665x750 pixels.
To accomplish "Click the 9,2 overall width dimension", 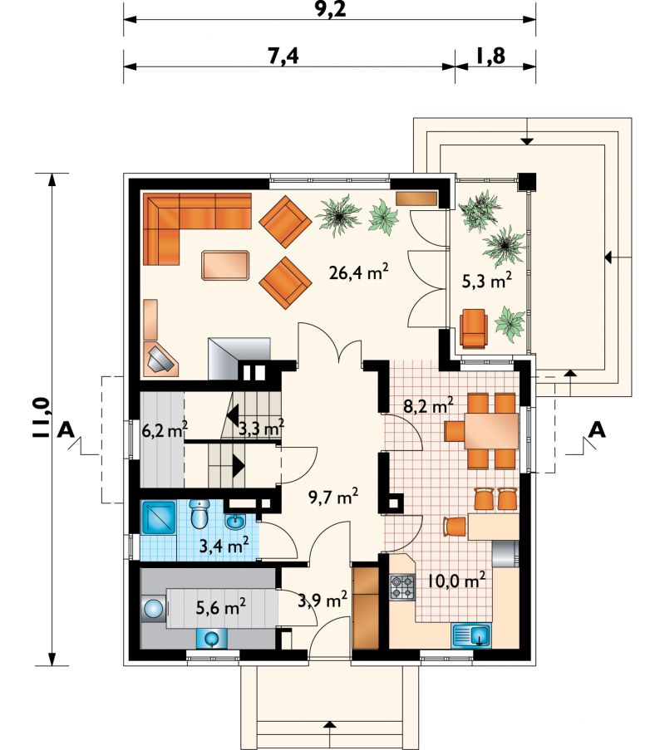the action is (331, 9).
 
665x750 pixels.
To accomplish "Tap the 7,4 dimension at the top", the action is (283, 56).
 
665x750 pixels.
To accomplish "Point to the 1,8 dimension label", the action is (491, 56).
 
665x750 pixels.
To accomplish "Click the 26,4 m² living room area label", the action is (358, 273).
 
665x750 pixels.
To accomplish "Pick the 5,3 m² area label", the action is (485, 281).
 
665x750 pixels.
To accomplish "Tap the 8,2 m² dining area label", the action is (428, 407).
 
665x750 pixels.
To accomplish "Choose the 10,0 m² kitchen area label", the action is (456, 581).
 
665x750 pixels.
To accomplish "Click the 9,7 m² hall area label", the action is (333, 498).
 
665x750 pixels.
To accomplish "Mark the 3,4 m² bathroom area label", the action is (224, 546).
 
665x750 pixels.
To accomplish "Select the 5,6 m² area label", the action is (222, 607).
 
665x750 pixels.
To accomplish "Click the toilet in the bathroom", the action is (199, 514).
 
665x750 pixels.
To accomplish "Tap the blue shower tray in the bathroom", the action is (159, 517).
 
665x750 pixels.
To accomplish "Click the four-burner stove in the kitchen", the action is (402, 587).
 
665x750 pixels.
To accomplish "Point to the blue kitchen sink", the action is (471, 635).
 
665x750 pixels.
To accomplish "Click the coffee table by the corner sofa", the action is (226, 265).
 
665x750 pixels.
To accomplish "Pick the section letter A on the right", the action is (597, 430).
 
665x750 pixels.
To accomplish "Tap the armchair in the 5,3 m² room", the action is (474, 327).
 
